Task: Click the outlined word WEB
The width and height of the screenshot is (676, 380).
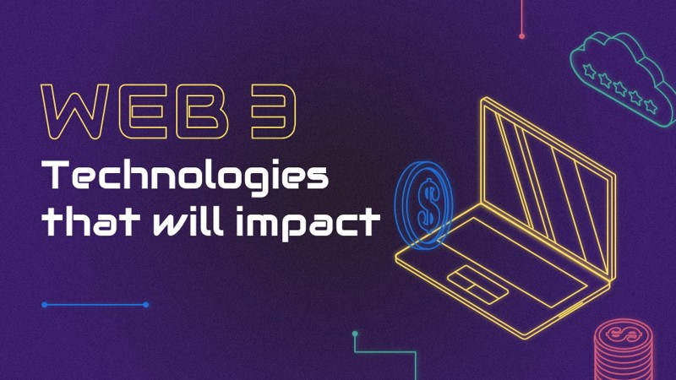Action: pyautogui.click(x=134, y=112)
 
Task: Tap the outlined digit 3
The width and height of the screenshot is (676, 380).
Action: pyautogui.click(x=273, y=112)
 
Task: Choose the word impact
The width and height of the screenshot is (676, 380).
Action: pyautogui.click(x=308, y=222)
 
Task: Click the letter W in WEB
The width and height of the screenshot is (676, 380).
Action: pyautogui.click(x=74, y=112)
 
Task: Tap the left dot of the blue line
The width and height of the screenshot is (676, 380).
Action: pyautogui.click(x=45, y=305)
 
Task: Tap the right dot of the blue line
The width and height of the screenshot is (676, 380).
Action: pyautogui.click(x=145, y=305)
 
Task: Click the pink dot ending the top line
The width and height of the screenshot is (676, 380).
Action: pyautogui.click(x=521, y=36)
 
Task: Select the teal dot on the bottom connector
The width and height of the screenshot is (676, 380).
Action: pyautogui.click(x=355, y=334)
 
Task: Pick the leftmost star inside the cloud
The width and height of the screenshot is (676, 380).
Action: pyautogui.click(x=589, y=70)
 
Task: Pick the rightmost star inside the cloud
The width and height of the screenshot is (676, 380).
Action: pyautogui.click(x=650, y=106)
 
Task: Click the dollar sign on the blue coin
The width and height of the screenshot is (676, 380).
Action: pyautogui.click(x=428, y=205)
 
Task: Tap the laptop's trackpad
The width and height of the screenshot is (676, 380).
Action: pyautogui.click(x=477, y=285)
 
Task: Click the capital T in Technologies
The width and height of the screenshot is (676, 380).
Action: pyautogui.click(x=56, y=175)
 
